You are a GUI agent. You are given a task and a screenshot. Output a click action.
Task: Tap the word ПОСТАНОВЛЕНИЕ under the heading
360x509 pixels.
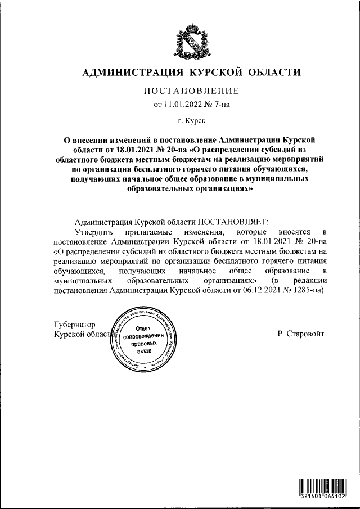point(192,91)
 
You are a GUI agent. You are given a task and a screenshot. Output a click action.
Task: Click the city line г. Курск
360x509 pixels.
point(191,120)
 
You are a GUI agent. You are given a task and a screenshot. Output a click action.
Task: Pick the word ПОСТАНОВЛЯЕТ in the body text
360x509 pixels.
point(233,222)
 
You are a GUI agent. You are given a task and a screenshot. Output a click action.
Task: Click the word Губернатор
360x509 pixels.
point(74,325)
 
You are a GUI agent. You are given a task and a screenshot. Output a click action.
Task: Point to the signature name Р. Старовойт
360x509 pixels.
point(301,334)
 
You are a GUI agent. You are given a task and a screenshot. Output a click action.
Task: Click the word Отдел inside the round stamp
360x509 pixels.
point(145,328)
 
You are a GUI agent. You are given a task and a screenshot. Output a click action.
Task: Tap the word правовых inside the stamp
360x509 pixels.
point(145,343)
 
